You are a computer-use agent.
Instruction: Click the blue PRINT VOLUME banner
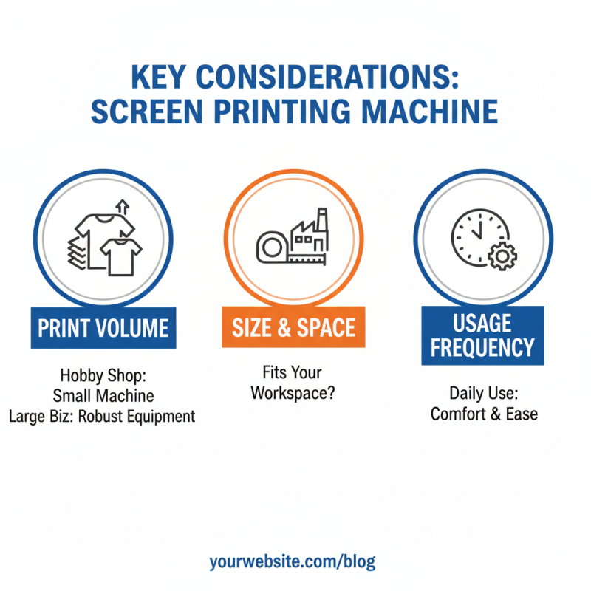pos(103,327)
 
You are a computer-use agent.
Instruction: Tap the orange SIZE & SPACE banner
pos(294,327)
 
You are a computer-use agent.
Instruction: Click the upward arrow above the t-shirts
pos(123,207)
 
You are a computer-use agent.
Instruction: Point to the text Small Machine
pos(103,396)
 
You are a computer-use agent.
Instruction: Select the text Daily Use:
pos(484,393)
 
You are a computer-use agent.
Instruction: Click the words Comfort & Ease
pos(484,413)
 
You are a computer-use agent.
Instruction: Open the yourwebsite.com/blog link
pos(293,561)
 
